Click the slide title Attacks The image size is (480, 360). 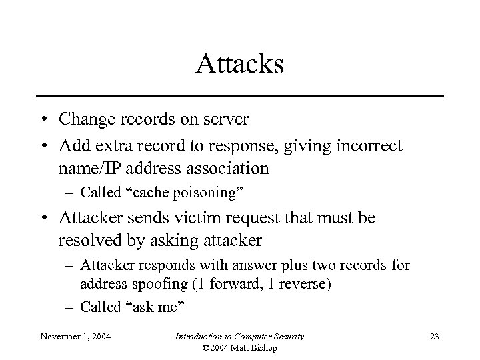click(240, 65)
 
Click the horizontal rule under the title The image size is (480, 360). click(240, 97)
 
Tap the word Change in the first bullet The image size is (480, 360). click(85, 119)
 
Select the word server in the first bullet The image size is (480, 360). click(227, 119)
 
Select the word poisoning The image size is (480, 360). click(208, 193)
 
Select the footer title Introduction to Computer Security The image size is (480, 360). click(239, 337)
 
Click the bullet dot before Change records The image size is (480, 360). click(42, 120)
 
